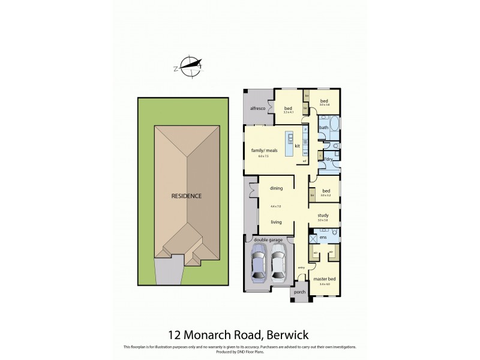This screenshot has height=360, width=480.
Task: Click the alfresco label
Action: pyautogui.click(x=257, y=107)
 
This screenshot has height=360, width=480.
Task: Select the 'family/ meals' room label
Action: pyautogui.click(x=259, y=150)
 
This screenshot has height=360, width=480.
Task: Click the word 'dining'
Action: pyautogui.click(x=275, y=187)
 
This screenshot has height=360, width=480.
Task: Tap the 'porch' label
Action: pyautogui.click(x=299, y=292)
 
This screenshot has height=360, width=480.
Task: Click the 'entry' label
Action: pyautogui.click(x=301, y=268)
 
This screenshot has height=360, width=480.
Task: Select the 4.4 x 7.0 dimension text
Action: pyautogui.click(x=275, y=206)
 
